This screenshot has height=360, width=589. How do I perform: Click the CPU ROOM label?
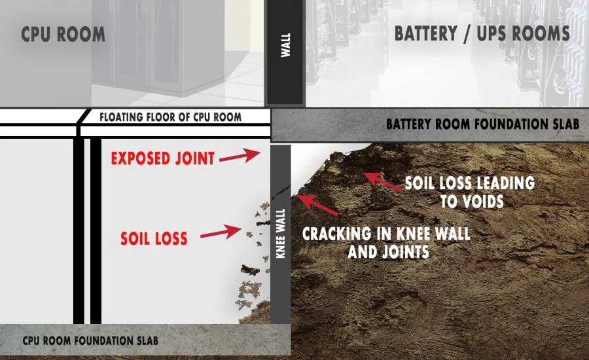[x=63, y=34]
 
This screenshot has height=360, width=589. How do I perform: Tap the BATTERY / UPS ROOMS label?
[x=482, y=33]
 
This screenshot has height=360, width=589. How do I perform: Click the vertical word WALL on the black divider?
[x=286, y=45]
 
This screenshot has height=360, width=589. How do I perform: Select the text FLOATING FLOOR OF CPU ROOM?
[x=171, y=117]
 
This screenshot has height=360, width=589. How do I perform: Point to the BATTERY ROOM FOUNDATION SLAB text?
[x=483, y=124]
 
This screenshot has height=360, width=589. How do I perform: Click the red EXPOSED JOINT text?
[x=163, y=158]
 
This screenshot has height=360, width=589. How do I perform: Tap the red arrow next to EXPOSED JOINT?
[x=240, y=156]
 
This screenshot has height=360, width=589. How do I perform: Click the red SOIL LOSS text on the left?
[x=154, y=239]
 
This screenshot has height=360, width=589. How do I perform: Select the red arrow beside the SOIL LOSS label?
[x=221, y=232]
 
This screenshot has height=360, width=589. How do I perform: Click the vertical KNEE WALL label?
[x=281, y=234]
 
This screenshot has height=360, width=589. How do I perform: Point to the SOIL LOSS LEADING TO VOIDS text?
[x=471, y=192]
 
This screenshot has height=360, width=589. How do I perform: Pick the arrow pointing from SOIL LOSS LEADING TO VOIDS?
[x=382, y=181]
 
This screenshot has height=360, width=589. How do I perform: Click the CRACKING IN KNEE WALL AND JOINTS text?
[x=387, y=242]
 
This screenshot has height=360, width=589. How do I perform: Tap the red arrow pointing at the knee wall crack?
[x=317, y=204]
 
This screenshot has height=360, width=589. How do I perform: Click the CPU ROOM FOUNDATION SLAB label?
[x=90, y=341]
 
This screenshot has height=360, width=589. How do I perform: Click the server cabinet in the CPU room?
[x=158, y=47]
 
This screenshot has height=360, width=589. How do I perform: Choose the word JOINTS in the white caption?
[x=405, y=252]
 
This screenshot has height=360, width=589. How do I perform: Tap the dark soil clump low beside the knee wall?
[x=251, y=270]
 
